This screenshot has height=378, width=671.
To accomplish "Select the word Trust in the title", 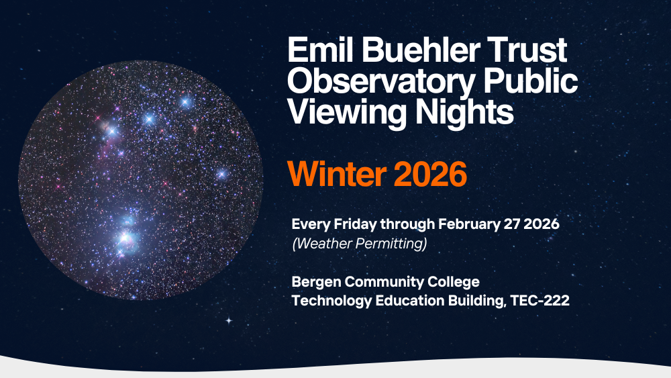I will pos(526,51).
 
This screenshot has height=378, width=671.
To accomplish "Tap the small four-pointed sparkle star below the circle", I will pos(228,320).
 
